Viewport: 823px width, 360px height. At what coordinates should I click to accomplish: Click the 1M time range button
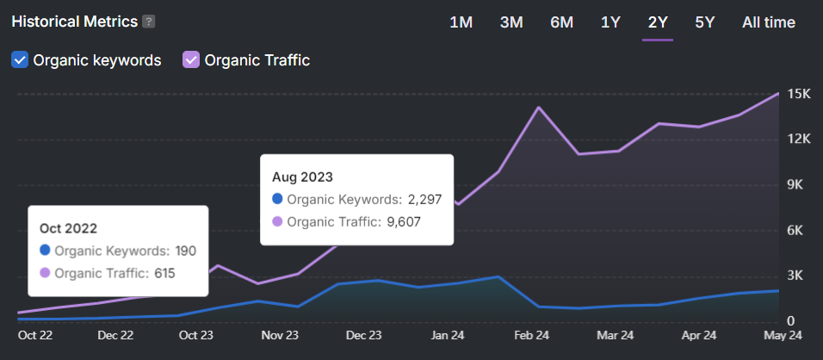(461, 22)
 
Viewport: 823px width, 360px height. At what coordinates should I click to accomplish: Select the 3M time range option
(511, 22)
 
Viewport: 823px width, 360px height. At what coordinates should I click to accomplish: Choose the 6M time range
(561, 22)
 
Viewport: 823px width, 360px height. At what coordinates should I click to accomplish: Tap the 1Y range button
(610, 22)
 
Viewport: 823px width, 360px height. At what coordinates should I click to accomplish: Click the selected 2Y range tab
(658, 22)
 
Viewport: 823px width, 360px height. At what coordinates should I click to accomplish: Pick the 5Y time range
(704, 22)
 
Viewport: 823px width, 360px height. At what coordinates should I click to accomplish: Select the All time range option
(768, 22)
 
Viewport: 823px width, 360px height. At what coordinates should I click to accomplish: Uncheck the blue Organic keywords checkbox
(20, 60)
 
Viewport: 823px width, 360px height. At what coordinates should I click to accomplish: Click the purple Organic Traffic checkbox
(191, 60)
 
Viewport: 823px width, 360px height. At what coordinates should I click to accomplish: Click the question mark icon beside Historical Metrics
(149, 22)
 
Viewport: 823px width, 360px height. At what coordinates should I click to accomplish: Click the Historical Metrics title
(74, 22)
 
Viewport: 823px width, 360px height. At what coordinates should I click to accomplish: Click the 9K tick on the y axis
(796, 185)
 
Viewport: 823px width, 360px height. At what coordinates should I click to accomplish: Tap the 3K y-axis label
(796, 276)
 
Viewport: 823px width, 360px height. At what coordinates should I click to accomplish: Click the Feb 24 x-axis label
(532, 335)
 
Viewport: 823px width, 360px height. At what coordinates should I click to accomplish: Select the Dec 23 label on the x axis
(363, 335)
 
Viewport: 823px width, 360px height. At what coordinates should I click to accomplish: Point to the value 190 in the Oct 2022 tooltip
(185, 251)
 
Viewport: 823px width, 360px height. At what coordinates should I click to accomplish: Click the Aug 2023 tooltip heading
(302, 177)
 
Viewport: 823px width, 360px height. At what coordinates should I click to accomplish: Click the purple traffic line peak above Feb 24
(538, 108)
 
